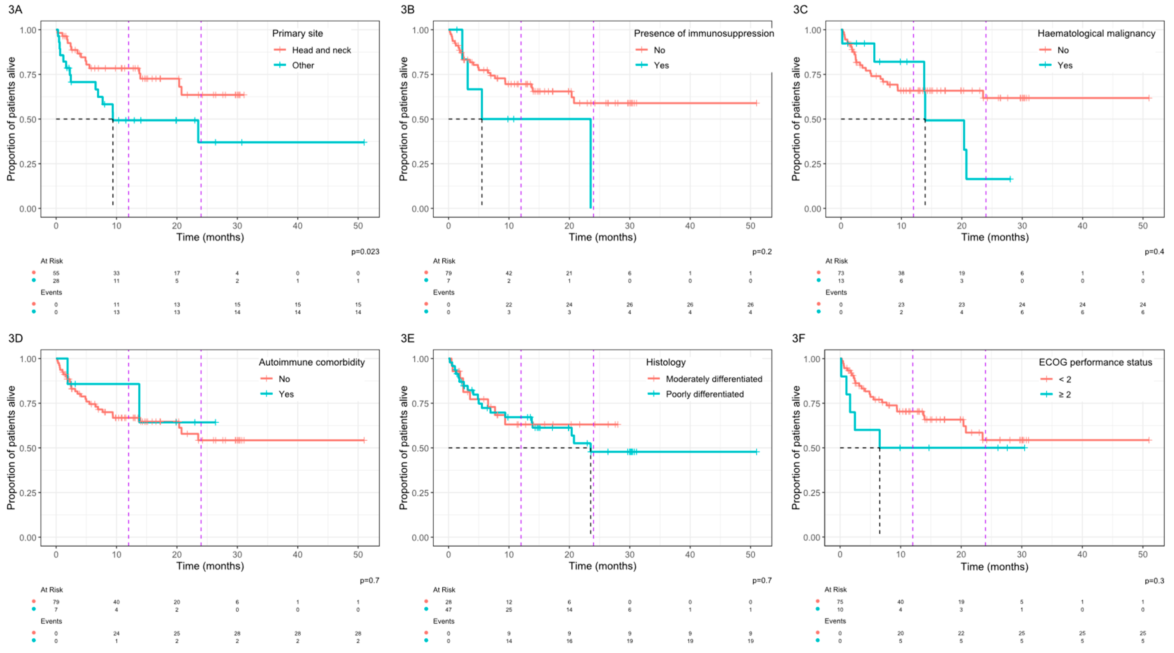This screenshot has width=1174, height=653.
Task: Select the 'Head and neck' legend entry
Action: pos(321,50)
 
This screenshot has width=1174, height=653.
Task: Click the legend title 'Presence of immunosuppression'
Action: pos(704,33)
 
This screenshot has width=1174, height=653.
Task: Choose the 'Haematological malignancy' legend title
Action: pos(1096,33)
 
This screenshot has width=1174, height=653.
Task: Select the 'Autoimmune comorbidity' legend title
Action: pos(312,362)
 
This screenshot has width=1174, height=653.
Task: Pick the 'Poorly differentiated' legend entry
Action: pos(705,394)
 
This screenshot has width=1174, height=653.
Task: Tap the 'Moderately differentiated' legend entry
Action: pos(714,379)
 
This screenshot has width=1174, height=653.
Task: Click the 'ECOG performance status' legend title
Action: pos(1095,362)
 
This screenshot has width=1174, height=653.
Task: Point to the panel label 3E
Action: pos(407,338)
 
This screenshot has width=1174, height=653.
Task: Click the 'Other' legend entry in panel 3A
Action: pos(303,65)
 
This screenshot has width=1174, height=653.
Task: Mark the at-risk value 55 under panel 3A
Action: pos(56,273)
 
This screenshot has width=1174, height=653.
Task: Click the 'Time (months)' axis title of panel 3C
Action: pos(995,237)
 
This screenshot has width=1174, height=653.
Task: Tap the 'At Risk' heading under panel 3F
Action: pos(835,589)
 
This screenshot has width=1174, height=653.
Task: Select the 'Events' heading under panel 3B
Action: pos(443,292)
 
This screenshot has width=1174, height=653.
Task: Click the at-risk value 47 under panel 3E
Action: pos(448,610)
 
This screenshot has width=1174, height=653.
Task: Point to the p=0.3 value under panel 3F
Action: pos(1154,581)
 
